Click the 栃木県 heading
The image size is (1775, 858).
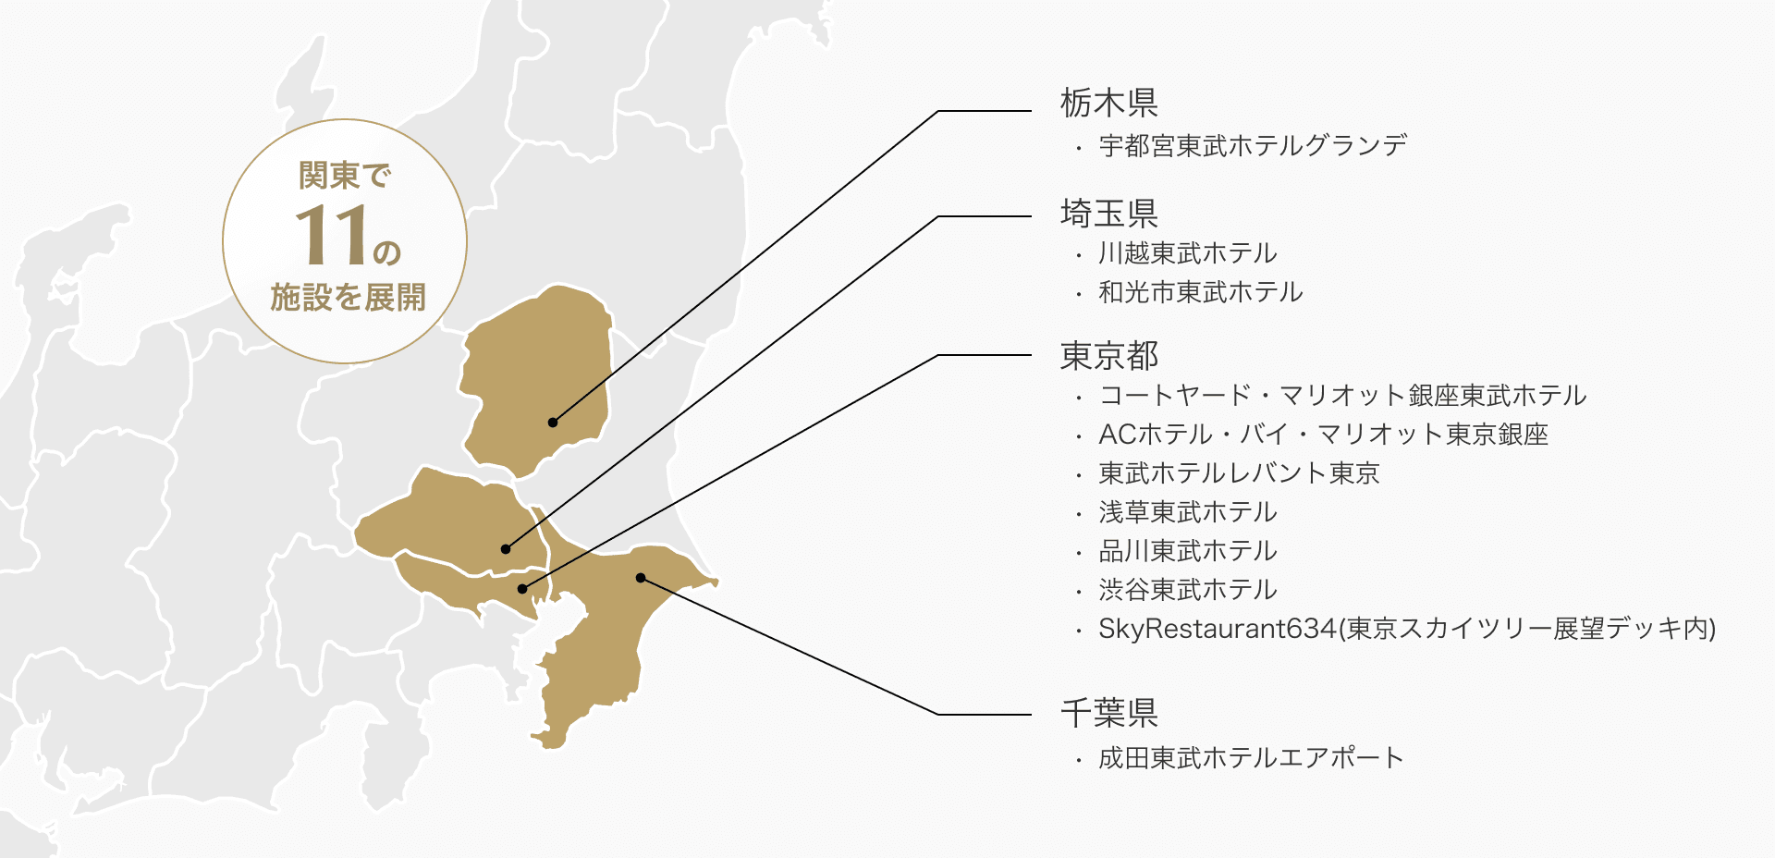1108,103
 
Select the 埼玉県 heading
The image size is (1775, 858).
1108,214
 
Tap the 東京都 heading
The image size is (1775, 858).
1108,355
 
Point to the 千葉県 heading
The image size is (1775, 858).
1108,713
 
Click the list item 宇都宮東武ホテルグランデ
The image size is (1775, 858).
1253,146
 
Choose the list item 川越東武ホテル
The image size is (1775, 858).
1187,253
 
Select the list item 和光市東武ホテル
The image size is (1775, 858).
1200,292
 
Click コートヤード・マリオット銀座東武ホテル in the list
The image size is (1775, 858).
1342,396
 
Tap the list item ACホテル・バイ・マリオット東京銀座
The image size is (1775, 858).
1323,435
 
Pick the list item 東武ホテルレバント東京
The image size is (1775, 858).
1239,473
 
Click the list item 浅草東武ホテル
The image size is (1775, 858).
1187,512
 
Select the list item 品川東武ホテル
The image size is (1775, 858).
1187,551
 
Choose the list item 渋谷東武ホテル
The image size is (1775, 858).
1187,590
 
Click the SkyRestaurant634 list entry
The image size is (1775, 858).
1406,629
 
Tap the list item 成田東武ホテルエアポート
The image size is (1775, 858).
1251,758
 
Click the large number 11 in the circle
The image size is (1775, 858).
330,235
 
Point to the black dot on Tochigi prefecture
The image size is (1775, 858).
553,423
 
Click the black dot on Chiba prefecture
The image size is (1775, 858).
641,578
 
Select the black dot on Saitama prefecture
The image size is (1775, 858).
506,549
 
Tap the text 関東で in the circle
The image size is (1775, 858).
345,176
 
